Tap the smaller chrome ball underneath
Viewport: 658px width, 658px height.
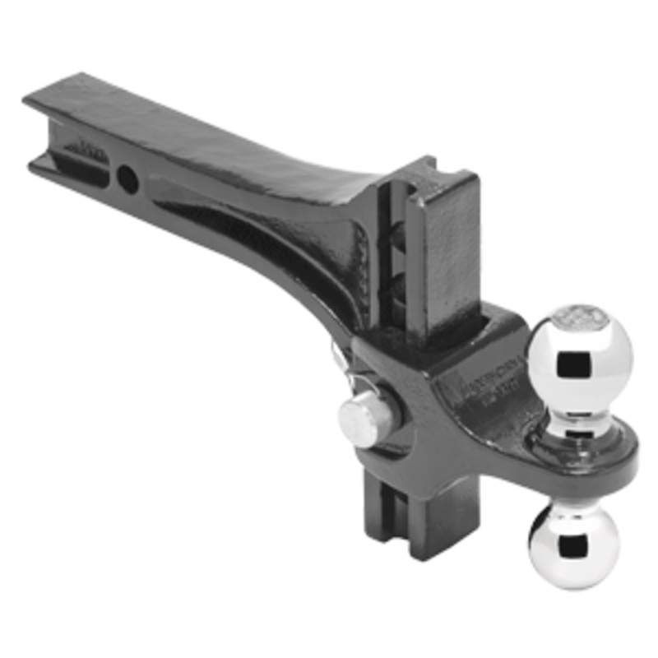coord(567,543)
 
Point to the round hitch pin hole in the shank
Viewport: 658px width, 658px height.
coord(127,178)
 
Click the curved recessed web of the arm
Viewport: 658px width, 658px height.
coord(263,239)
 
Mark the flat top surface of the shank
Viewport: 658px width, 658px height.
coord(206,132)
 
